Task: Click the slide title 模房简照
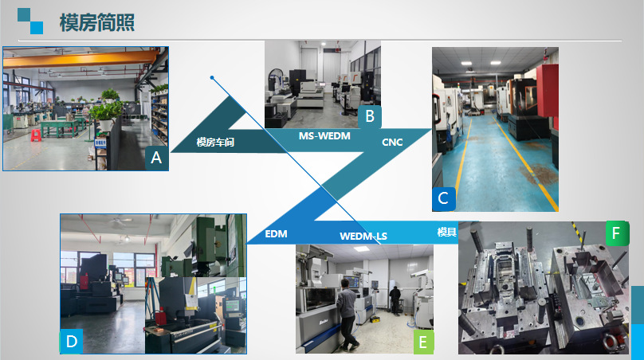pyautogui.click(x=96, y=22)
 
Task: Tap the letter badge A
pyautogui.click(x=156, y=158)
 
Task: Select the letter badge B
pyautogui.click(x=369, y=116)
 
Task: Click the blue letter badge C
pyautogui.click(x=443, y=198)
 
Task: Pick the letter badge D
pyautogui.click(x=72, y=342)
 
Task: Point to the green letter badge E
pyautogui.click(x=423, y=342)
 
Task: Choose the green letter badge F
pyautogui.click(x=615, y=233)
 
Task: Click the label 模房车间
pyautogui.click(x=218, y=143)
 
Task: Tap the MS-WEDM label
pyautogui.click(x=324, y=136)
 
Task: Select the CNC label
pyautogui.click(x=392, y=143)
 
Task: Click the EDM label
pyautogui.click(x=276, y=233)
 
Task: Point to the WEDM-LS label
pyautogui.click(x=363, y=236)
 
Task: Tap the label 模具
pyautogui.click(x=446, y=232)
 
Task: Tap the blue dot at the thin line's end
pyautogui.click(x=212, y=78)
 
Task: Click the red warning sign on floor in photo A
pyautogui.click(x=36, y=136)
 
